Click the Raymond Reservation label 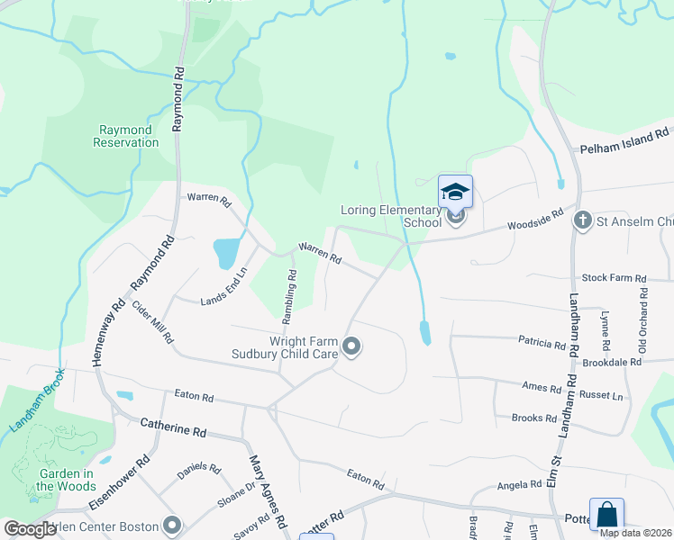(125, 137)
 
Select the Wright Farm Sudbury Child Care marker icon (352, 346)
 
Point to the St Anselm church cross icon (583, 220)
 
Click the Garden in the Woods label (65, 481)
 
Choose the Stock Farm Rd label (615, 279)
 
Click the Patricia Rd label (541, 343)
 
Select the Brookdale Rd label (611, 362)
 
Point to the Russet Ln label (604, 396)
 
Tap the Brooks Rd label (534, 418)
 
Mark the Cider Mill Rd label (152, 321)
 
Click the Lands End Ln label (223, 286)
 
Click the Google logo (30, 528)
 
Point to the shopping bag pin (606, 515)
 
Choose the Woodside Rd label (534, 221)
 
